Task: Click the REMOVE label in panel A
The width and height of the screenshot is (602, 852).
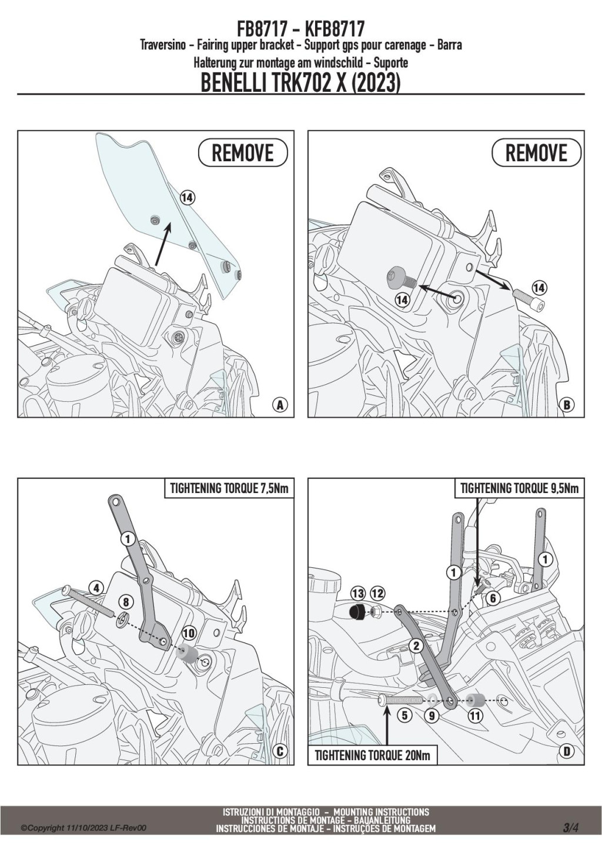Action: point(242,154)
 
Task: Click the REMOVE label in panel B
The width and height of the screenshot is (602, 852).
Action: point(536,154)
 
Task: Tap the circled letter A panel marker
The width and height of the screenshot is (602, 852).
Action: point(280,405)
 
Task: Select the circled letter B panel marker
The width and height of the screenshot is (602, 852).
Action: point(567,405)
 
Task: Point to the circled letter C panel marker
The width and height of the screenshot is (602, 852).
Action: point(280,751)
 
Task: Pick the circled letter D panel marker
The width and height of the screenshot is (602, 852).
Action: point(567,751)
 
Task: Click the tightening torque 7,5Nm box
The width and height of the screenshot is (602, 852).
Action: point(229,488)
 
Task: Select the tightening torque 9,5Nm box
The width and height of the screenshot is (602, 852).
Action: point(519,488)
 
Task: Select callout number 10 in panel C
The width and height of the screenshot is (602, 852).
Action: point(188,633)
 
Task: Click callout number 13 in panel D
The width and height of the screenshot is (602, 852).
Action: point(358,593)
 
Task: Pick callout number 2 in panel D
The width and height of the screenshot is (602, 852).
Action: point(416,645)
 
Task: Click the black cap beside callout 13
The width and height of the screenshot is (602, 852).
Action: point(356,613)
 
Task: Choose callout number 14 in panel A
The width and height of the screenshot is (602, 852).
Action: point(187,198)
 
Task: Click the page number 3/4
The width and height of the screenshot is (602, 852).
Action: point(570,828)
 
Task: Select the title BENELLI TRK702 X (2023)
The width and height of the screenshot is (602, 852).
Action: point(300,83)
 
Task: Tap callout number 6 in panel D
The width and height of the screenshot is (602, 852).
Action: point(493,598)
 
